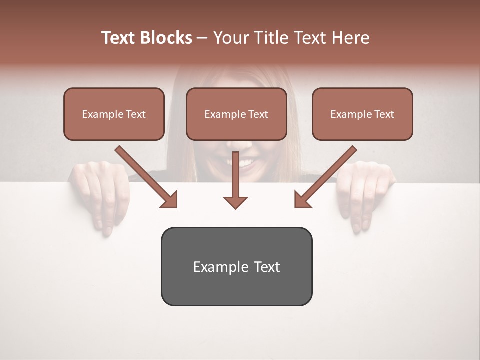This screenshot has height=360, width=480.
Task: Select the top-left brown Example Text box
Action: click(x=114, y=114)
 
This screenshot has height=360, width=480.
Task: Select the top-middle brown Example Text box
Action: click(x=236, y=114)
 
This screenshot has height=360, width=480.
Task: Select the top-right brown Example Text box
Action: click(x=362, y=114)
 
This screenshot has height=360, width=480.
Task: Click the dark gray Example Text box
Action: click(x=236, y=266)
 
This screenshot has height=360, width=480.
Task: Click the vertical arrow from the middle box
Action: click(x=235, y=180)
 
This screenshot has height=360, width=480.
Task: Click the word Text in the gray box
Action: click(x=266, y=267)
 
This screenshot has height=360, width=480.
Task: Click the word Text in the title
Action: click(x=119, y=38)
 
